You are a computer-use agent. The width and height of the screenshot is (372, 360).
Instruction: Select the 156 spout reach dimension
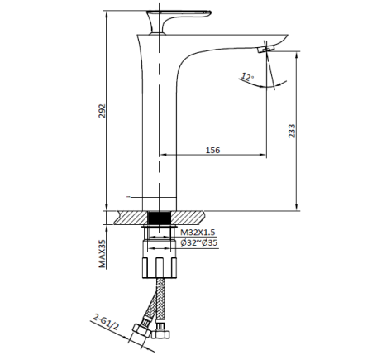point(213,149)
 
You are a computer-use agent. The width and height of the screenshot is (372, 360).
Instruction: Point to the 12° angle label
point(246,77)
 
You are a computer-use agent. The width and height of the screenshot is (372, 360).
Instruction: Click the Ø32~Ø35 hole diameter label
point(198,244)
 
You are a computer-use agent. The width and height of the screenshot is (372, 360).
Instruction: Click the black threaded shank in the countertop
point(159,218)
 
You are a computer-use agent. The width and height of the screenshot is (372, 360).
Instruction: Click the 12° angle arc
point(274,83)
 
